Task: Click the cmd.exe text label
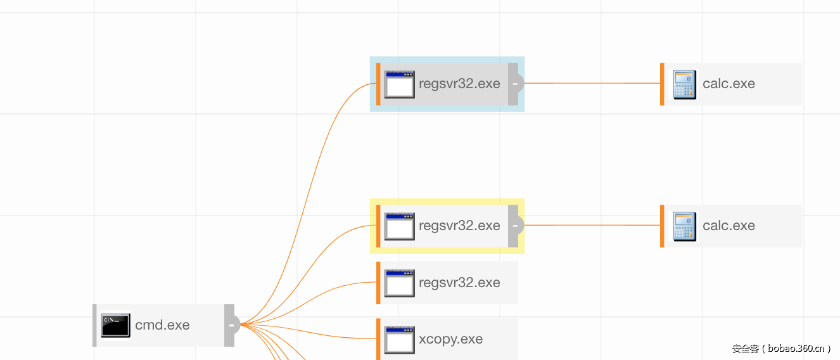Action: coord(162,325)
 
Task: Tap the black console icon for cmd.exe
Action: coord(115,325)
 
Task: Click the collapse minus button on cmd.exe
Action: coord(231,326)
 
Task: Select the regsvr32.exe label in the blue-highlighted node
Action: coord(459,84)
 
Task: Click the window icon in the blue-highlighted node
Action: coord(399,84)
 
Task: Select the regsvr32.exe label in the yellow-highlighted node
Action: coord(459,226)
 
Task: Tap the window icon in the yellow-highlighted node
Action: coord(399,226)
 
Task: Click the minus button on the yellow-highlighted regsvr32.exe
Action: coord(516,226)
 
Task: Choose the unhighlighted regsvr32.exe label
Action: coord(459,283)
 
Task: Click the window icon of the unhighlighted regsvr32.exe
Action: coord(399,283)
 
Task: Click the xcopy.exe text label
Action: coord(450,339)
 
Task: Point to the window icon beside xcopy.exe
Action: coord(399,340)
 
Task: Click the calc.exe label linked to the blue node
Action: coord(729,84)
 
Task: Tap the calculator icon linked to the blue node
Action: coord(684,84)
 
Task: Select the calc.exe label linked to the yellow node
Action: coord(729,226)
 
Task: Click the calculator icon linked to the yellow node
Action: coord(684,226)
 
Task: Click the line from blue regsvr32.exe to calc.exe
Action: coord(592,83)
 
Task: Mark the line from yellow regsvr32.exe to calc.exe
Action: coord(592,225)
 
